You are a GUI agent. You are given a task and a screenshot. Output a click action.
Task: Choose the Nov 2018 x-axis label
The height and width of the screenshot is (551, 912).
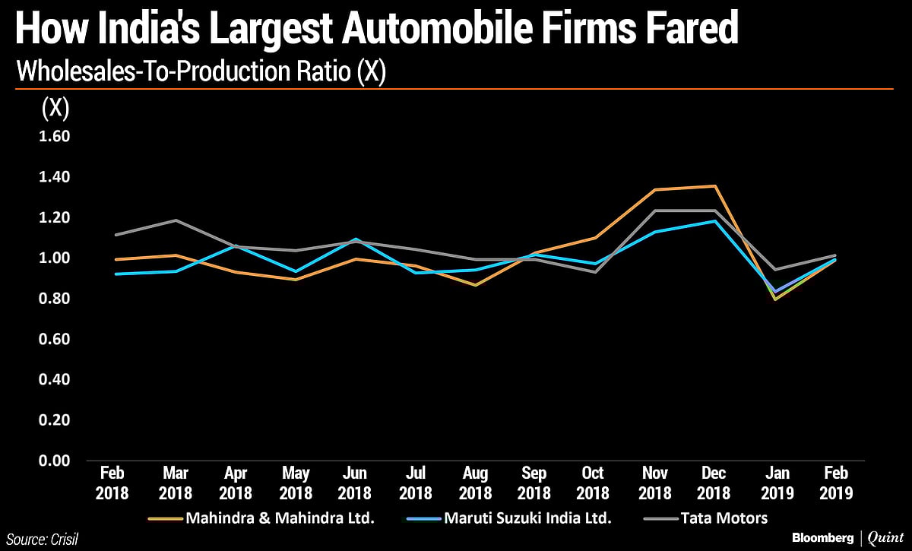(x=654, y=482)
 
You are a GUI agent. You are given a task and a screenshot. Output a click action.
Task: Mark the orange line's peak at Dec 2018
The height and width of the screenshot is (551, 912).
(x=715, y=186)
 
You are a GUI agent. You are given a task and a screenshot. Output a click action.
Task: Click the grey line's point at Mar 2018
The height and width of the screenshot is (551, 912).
(x=176, y=220)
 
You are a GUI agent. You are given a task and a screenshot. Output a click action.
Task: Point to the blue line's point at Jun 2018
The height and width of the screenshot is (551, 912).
(x=356, y=239)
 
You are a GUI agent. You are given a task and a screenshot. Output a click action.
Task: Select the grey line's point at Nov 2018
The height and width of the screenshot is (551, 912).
(x=654, y=211)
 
